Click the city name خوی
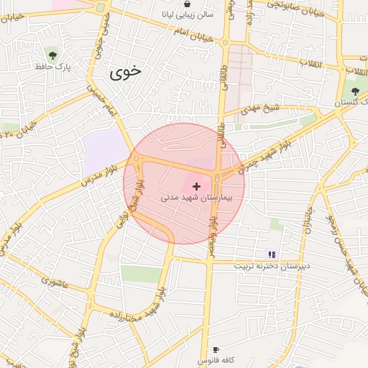pos(126,73)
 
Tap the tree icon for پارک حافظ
pos(52,53)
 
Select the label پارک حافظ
pos(52,67)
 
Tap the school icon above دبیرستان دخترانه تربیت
pos(271,254)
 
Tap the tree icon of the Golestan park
pos(355,91)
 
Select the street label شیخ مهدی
pos(259,110)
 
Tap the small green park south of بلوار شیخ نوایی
pos(142,274)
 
